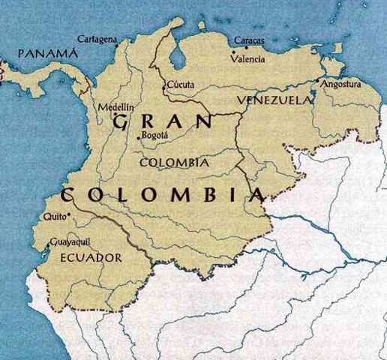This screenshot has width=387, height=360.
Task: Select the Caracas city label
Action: click(248, 39)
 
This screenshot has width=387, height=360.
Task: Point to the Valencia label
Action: click(247, 57)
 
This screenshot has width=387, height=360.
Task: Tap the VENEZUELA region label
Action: click(274, 100)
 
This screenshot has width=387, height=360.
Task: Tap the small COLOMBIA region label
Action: click(174, 161)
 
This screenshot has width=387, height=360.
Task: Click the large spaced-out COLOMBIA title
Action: click(162, 196)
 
